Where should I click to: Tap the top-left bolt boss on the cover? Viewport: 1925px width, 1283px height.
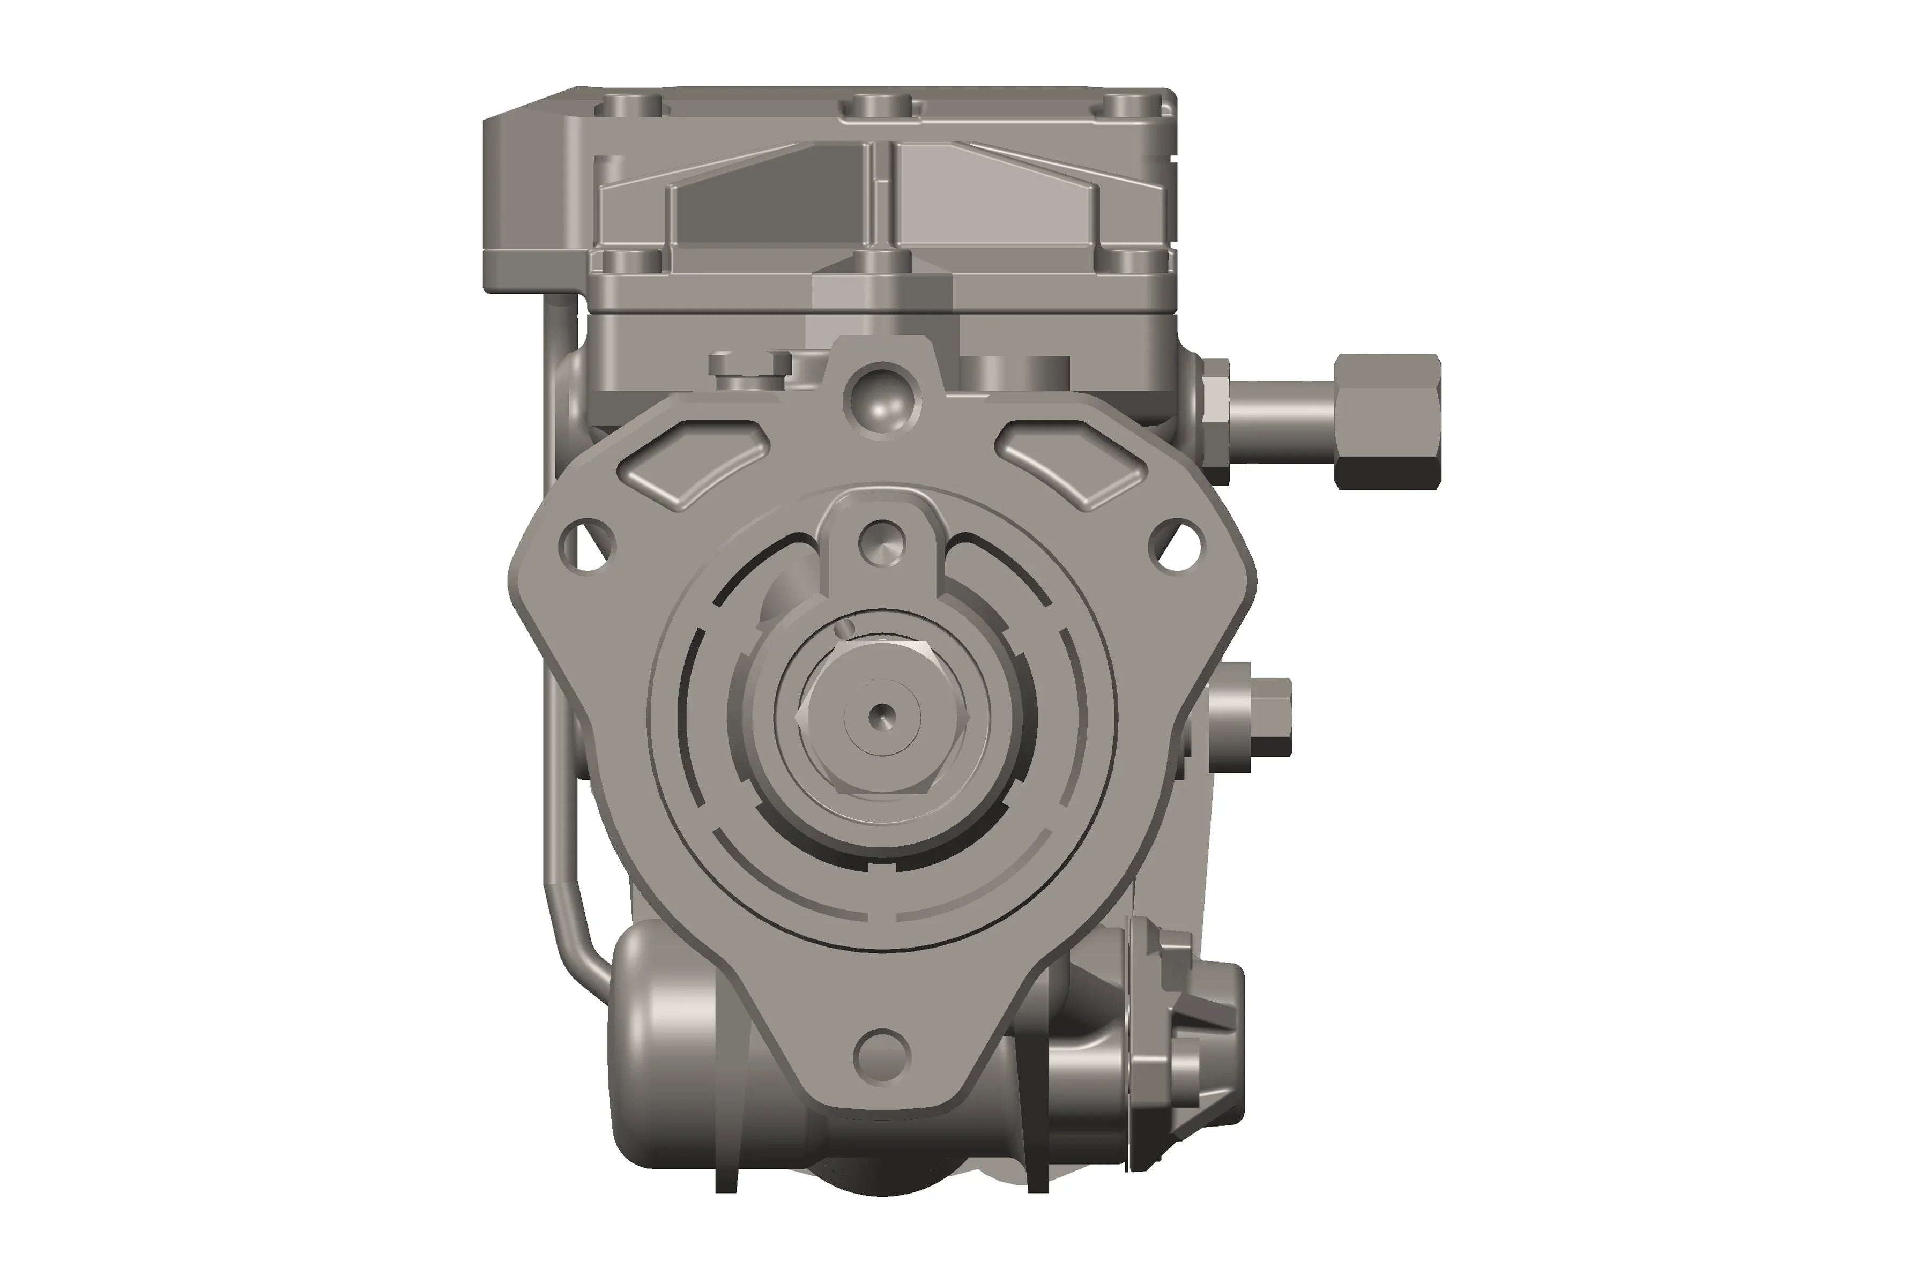[630, 106]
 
